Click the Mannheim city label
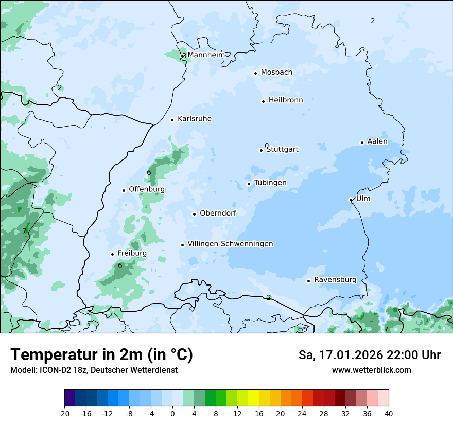pos(206,55)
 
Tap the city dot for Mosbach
pos(255,73)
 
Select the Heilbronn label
pos(286,100)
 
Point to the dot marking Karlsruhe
pos(172,120)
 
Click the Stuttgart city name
pos(282,149)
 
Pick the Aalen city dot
pos(362,143)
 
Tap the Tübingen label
pos(270,183)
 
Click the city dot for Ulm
pos(351,200)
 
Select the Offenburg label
pos(147,189)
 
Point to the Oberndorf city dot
pos(194,214)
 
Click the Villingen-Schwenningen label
pos(230,244)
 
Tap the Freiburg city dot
pos(112,254)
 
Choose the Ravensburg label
pos(335,280)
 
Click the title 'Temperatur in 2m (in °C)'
pos(101,354)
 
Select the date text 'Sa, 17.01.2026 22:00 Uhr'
pos(369,355)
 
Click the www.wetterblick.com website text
pos(371,370)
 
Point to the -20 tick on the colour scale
pos(64,413)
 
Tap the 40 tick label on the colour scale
pos(389,413)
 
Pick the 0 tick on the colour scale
pos(172,413)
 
